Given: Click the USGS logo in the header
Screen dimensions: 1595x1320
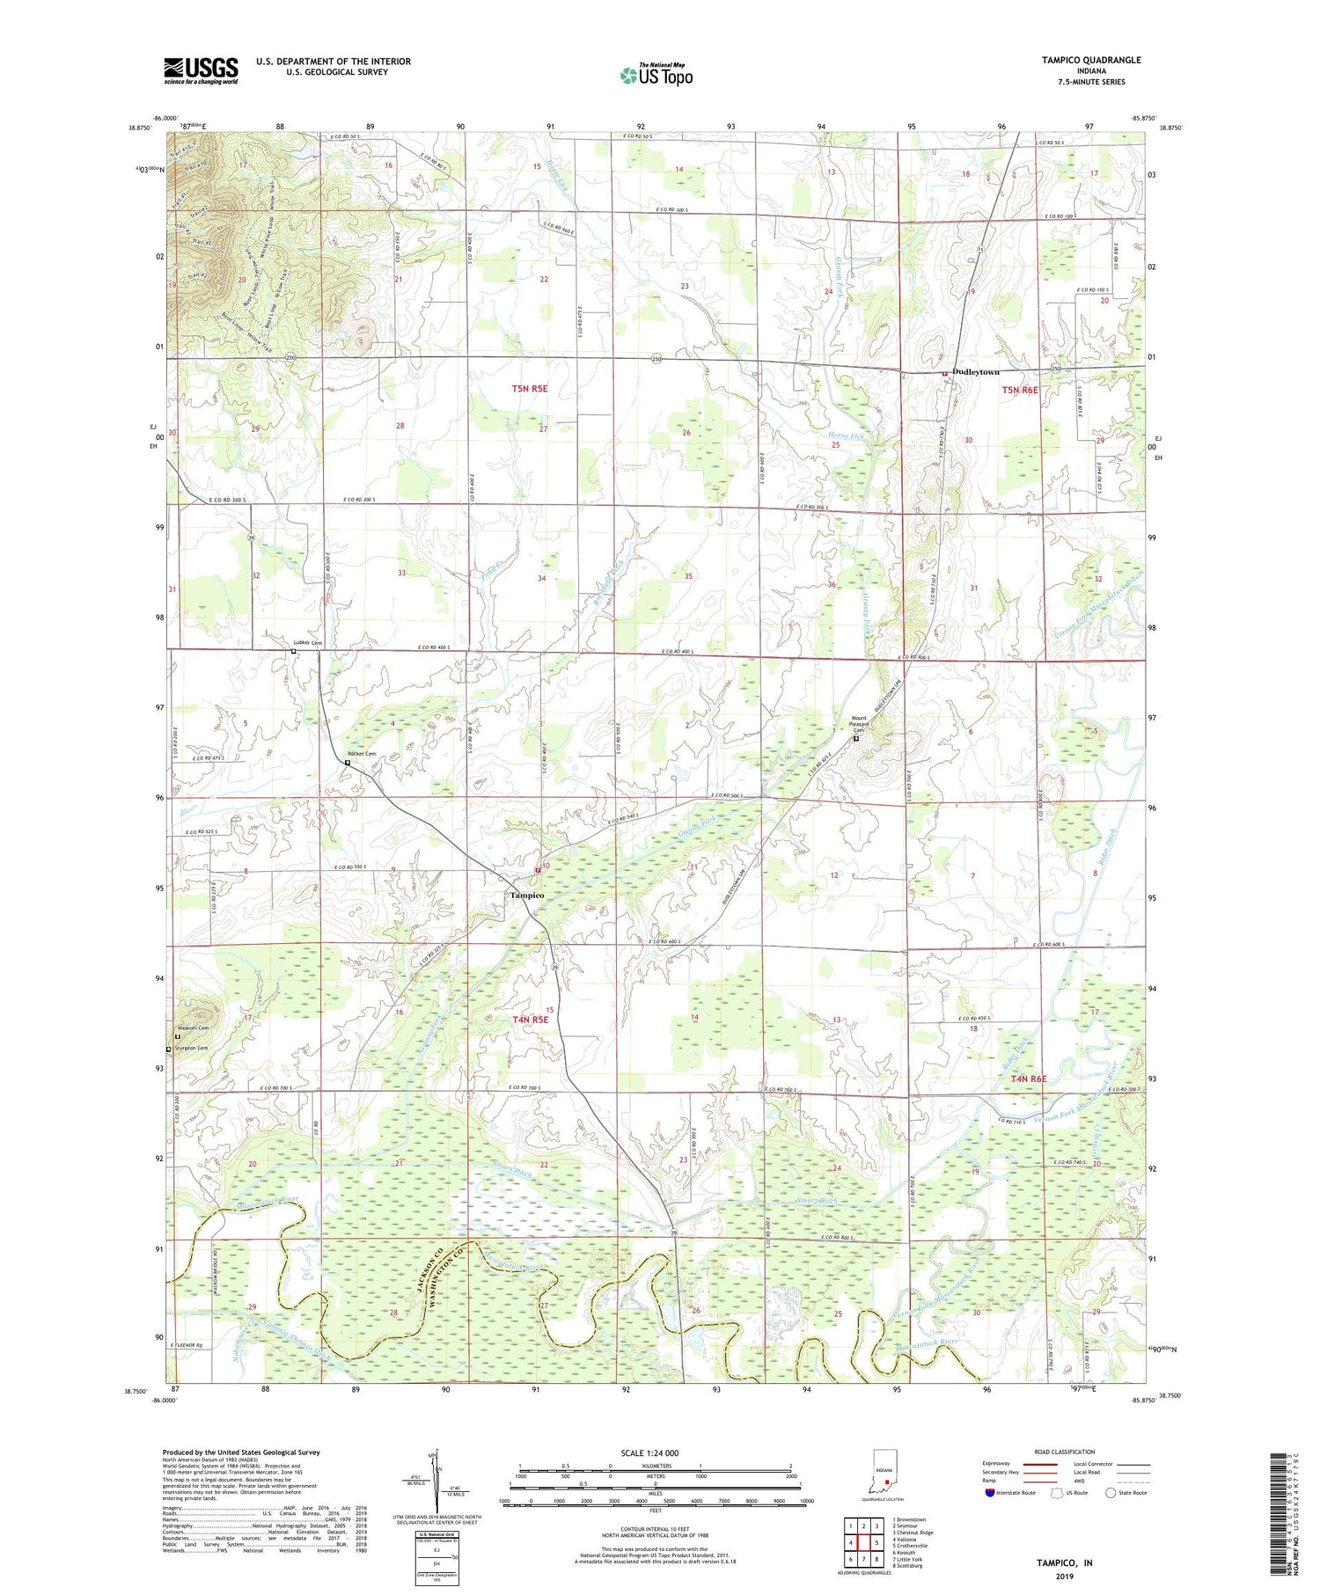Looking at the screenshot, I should click(x=201, y=70).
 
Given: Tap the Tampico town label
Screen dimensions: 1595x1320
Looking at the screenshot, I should click(x=526, y=895).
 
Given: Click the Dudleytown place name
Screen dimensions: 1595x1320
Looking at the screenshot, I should click(x=975, y=372).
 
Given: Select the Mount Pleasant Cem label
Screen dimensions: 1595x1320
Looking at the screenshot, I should click(x=856, y=724).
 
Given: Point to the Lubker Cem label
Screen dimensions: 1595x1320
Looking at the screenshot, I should click(x=308, y=643).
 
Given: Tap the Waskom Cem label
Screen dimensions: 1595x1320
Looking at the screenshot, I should click(x=193, y=1028).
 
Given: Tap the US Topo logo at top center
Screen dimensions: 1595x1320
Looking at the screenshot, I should click(x=656, y=76).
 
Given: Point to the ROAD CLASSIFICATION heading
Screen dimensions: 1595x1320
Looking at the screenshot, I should click(x=1065, y=1452).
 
